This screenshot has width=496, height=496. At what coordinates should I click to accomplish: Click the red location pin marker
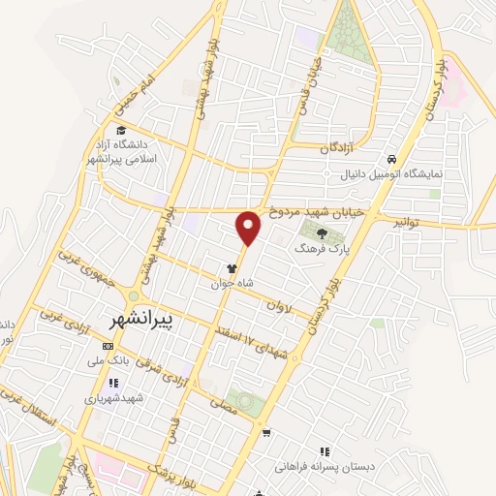(x=249, y=227)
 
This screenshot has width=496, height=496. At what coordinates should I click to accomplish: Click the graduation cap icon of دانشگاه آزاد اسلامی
(x=120, y=132)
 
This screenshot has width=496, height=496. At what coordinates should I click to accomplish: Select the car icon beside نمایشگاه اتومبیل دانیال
(x=390, y=159)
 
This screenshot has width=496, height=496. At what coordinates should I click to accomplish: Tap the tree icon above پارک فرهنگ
(x=321, y=230)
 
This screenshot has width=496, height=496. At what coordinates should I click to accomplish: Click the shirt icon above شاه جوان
(x=232, y=270)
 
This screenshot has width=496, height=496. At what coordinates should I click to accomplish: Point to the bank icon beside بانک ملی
(x=107, y=347)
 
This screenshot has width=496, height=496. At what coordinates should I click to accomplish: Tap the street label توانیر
(x=408, y=222)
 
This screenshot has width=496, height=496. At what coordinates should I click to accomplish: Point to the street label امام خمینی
(x=129, y=90)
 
